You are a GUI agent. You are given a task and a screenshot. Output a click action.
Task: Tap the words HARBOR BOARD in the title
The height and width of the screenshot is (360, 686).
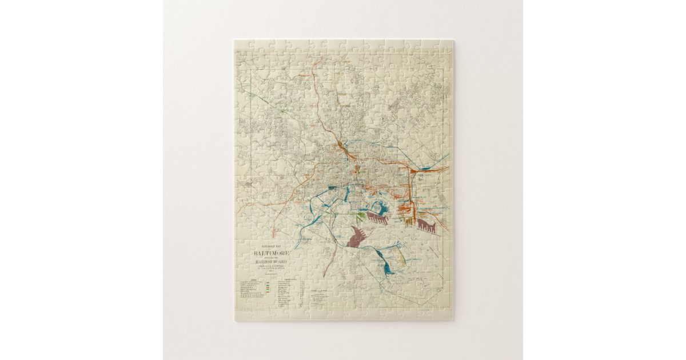tap(272, 261)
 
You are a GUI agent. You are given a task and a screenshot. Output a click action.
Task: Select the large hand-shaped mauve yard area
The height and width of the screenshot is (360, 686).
tap(357, 236)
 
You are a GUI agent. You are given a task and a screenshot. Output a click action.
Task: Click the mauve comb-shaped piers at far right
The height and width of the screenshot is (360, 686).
tap(426, 225)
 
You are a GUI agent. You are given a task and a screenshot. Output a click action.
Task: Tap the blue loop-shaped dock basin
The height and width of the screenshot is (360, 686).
tap(380, 209)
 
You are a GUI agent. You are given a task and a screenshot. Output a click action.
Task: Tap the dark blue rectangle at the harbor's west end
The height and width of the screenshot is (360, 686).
tap(333, 187)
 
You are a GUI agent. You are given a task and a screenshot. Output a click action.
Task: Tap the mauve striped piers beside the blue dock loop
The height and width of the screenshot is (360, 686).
tap(377, 218)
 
